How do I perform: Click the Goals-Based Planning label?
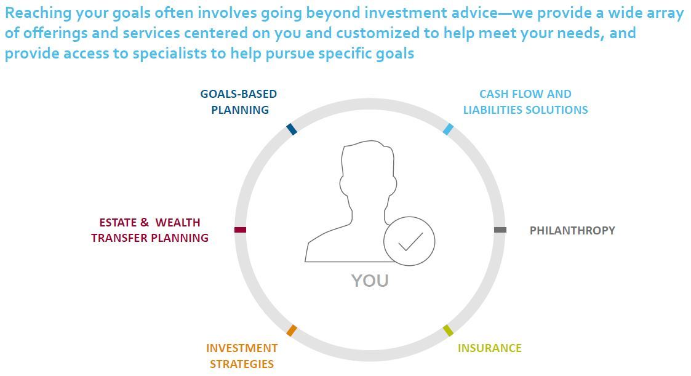click(239, 102)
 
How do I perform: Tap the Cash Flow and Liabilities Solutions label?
click(525, 102)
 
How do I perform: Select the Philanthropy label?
click(572, 231)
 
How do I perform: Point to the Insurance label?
click(490, 348)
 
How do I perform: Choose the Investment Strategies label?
click(241, 356)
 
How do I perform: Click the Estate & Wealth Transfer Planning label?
click(150, 230)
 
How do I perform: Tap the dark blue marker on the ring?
click(291, 129)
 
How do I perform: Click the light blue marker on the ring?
click(448, 129)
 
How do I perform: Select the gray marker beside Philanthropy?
click(500, 230)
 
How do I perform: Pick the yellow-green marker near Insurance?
click(448, 330)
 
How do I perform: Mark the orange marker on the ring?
click(291, 330)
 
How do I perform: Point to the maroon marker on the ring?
click(240, 230)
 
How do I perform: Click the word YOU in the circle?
click(370, 281)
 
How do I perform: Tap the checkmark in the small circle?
click(410, 242)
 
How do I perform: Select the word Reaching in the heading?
click(38, 13)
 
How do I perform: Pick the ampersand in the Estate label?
click(145, 223)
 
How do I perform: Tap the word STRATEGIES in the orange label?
click(241, 364)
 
